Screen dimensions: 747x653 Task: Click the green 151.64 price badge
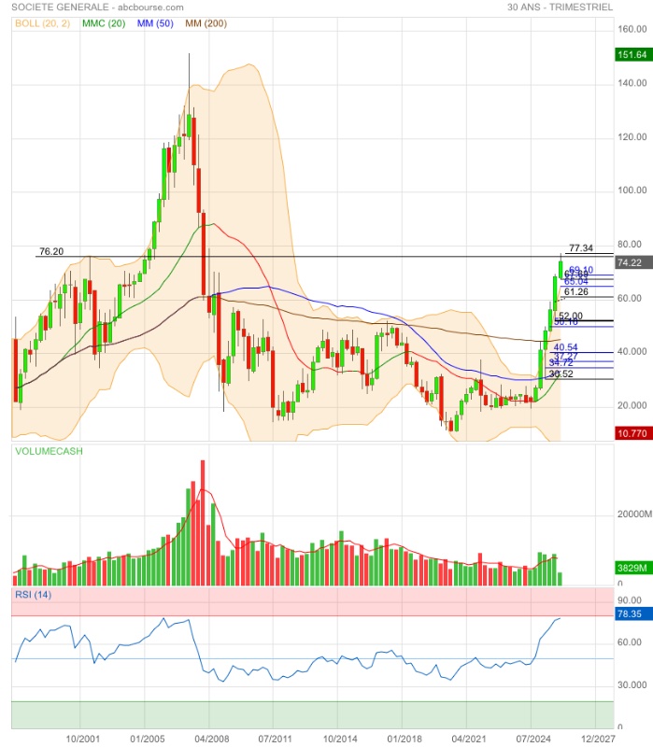click(632, 55)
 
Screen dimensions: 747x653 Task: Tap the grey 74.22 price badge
click(632, 263)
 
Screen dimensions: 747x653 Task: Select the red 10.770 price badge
click(632, 433)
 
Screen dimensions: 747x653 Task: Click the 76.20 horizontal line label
click(50, 251)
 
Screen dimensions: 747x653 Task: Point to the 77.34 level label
click(580, 248)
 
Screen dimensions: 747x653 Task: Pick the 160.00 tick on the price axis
click(632, 30)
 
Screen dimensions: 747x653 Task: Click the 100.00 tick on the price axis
click(632, 191)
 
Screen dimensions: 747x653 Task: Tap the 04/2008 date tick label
click(208, 738)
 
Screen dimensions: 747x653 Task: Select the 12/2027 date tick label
click(598, 738)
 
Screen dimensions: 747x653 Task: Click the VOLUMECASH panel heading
click(48, 451)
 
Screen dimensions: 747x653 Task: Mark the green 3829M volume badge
click(632, 568)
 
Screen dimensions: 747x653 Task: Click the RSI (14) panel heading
click(33, 594)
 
